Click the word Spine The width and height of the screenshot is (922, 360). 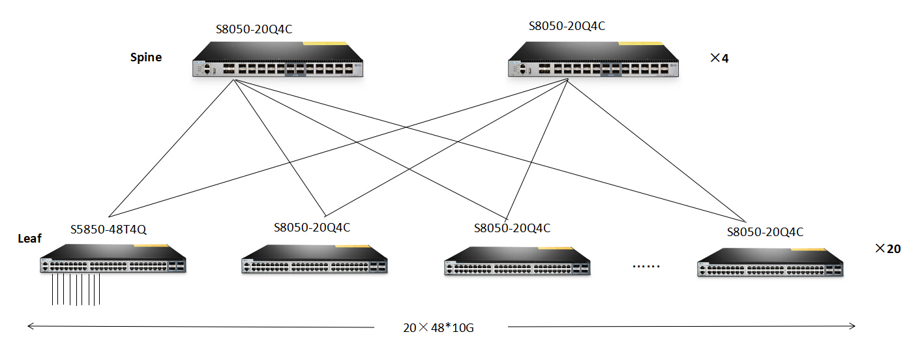coord(145,57)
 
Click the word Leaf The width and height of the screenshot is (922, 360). coord(29,239)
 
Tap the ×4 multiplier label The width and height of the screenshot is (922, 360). coord(719,58)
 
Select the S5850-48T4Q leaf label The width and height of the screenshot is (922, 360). coord(108,229)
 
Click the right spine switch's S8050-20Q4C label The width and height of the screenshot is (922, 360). coord(567,26)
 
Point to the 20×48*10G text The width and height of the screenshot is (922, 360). coord(438,327)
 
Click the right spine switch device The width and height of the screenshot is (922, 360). coord(594,61)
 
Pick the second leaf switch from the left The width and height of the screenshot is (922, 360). coord(314,259)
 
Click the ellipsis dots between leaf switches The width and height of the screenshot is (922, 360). coord(647,266)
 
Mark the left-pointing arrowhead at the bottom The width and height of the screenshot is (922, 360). coord(29,326)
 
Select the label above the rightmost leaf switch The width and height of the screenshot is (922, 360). coord(765,232)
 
